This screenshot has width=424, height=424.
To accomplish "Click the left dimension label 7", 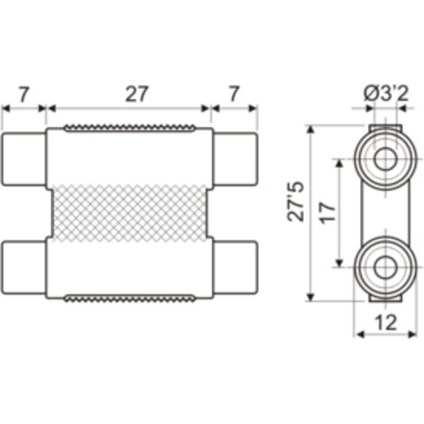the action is pyautogui.click(x=23, y=95).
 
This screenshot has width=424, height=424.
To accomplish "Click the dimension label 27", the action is pyautogui.click(x=137, y=95).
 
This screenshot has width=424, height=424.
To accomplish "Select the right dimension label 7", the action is pyautogui.click(x=234, y=95).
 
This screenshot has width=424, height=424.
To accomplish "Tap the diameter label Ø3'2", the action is pyautogui.click(x=386, y=95).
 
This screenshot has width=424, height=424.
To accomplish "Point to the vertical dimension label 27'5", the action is pyautogui.click(x=296, y=201).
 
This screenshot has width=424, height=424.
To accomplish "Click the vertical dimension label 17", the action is pyautogui.click(x=327, y=213).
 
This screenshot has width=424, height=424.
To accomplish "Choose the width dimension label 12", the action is pyautogui.click(x=386, y=323).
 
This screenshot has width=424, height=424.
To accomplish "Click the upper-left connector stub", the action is pyautogui.click(x=23, y=159).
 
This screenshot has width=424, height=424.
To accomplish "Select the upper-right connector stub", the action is pyautogui.click(x=235, y=159).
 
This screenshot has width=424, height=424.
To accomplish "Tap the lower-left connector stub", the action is pyautogui.click(x=23, y=268).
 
